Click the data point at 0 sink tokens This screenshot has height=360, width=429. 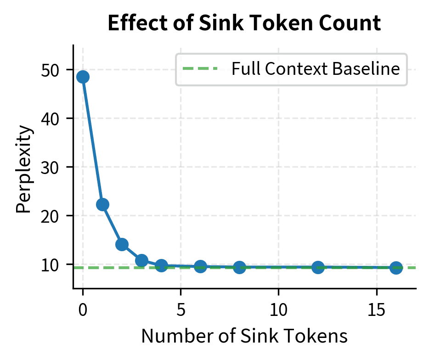click(x=83, y=77)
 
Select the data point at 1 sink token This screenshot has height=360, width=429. click(x=102, y=204)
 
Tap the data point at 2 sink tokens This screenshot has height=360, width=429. click(x=122, y=244)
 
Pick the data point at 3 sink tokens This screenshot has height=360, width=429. click(x=141, y=260)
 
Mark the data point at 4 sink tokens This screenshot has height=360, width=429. click(x=161, y=265)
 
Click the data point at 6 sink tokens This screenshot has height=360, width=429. click(x=200, y=266)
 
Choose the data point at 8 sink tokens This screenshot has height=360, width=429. click(x=239, y=267)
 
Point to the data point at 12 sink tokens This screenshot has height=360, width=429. click(x=318, y=267)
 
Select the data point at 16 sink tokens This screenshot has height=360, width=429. click(x=396, y=268)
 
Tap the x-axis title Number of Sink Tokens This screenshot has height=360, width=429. click(x=244, y=336)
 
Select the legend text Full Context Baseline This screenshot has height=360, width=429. click(x=316, y=69)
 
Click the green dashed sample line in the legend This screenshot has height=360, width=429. click(x=200, y=69)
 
